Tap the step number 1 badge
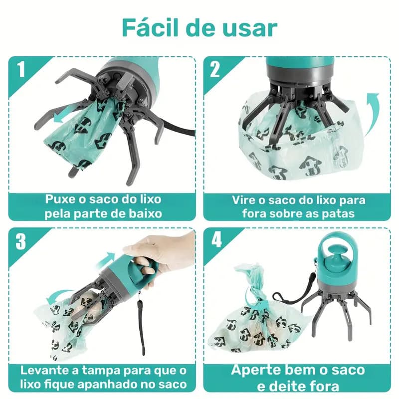coord(20,70)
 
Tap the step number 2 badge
coord(215,69)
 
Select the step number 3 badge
coord(20,241)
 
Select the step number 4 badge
coord(215,241)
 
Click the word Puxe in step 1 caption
coord(61,199)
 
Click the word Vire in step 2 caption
coord(244,199)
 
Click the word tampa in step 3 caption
coord(100,371)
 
